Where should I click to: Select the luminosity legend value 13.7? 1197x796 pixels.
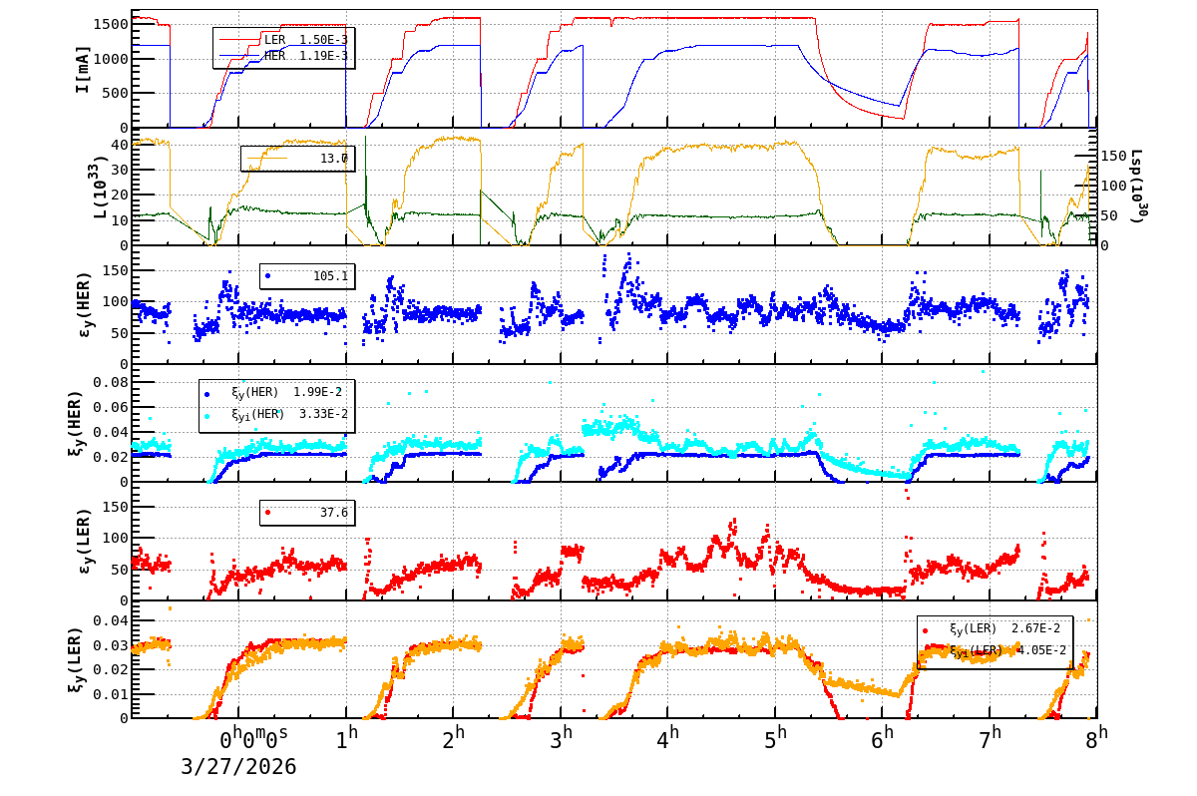click(x=334, y=158)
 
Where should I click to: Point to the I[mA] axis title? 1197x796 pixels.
click(x=84, y=69)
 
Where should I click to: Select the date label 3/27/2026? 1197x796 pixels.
click(x=238, y=767)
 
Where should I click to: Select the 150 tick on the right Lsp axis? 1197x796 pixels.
click(x=1113, y=157)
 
